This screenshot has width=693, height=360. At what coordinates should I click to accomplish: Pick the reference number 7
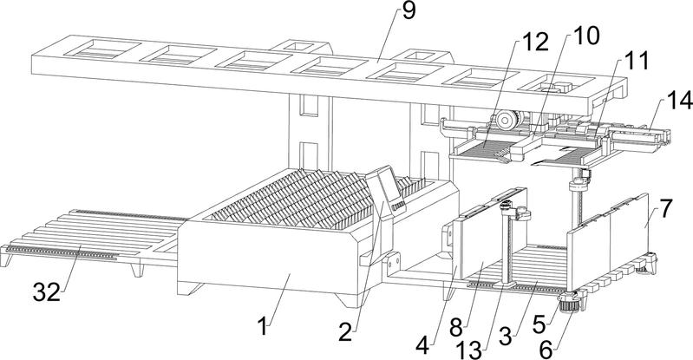click(665, 209)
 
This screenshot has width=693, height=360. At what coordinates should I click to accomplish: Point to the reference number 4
click(422, 343)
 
